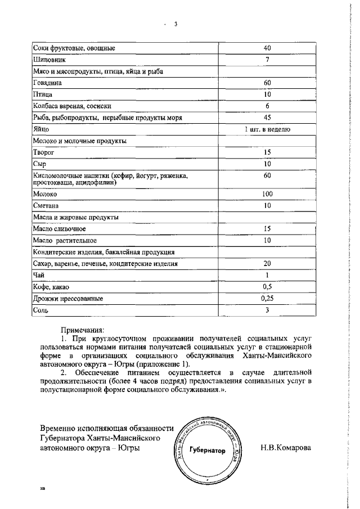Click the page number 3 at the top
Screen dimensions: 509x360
[x=175, y=24]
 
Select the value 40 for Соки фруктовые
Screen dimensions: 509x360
[x=267, y=48]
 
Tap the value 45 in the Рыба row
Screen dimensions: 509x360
[x=267, y=117]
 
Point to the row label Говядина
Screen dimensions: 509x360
[x=47, y=83]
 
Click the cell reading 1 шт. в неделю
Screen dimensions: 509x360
[x=267, y=129]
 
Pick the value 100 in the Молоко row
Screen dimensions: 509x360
[x=267, y=194]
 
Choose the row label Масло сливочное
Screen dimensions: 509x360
[x=60, y=228]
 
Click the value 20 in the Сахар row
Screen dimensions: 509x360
[x=267, y=263]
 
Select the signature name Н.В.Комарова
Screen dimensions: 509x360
[x=285, y=448]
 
